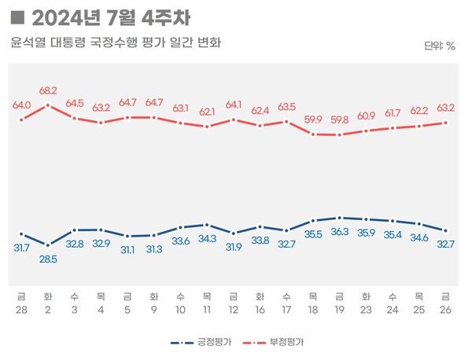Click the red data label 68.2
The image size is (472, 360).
(x=48, y=90)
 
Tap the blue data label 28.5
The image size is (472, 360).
(x=48, y=259)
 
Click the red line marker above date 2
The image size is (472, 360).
(x=48, y=105)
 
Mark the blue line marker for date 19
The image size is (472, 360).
(x=339, y=218)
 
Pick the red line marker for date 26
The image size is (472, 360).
(x=446, y=123)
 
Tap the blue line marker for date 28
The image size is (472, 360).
(x=21, y=233)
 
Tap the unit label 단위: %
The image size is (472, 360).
(x=440, y=46)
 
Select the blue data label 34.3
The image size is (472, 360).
(x=207, y=238)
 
